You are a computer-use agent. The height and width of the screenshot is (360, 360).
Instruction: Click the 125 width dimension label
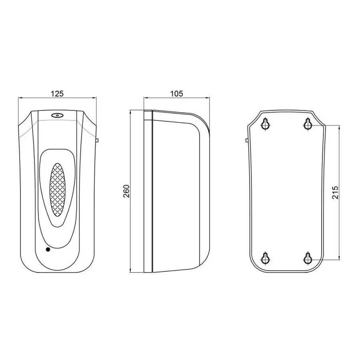[57, 94]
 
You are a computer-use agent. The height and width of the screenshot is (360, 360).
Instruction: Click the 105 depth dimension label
[176, 94]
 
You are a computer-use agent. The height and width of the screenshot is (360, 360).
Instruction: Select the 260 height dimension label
[126, 191]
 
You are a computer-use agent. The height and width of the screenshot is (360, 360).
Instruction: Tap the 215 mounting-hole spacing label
[336, 192]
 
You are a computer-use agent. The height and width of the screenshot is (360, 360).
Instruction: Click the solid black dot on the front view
[48, 250]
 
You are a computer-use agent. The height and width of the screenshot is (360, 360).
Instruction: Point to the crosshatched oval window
[57, 190]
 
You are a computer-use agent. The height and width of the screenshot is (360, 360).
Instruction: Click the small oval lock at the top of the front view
[57, 115]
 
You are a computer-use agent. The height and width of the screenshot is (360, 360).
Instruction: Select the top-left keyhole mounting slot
[266, 124]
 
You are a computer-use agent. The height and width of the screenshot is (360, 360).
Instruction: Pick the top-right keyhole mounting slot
[308, 124]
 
